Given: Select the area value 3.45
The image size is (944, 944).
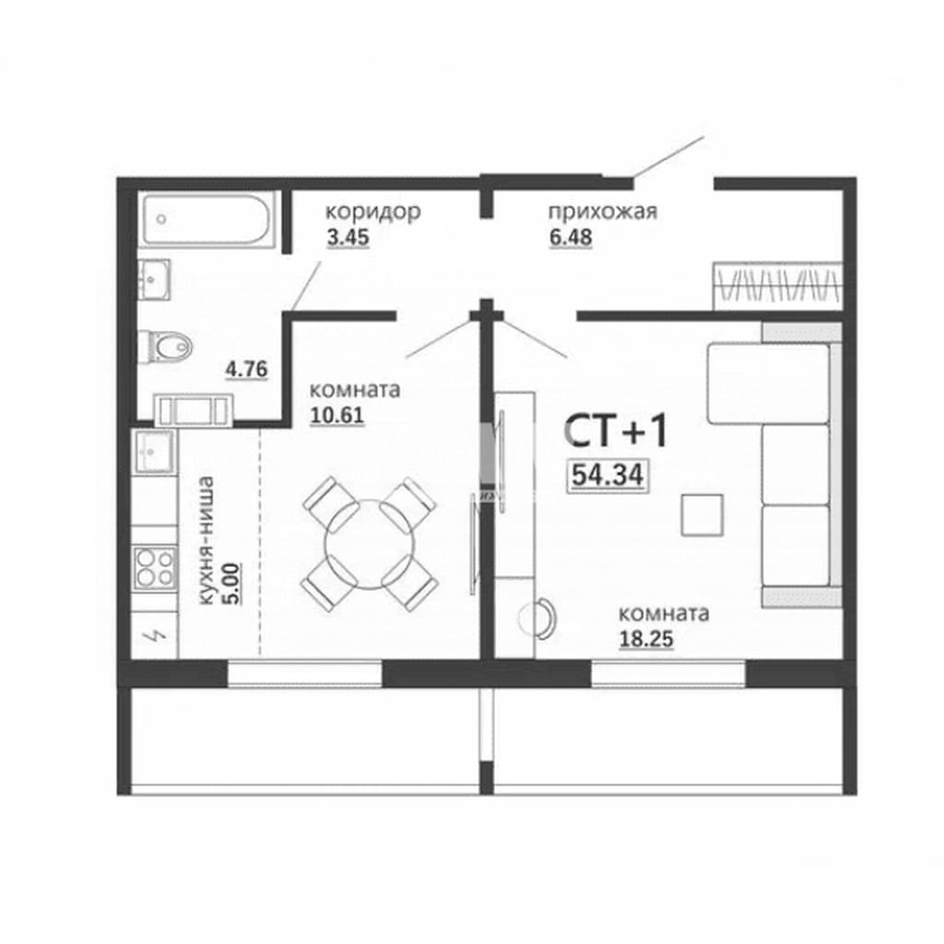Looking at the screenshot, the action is (x=348, y=237).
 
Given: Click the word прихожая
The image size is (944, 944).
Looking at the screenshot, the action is (x=602, y=212).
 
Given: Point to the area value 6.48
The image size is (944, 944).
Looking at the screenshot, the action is (x=570, y=237).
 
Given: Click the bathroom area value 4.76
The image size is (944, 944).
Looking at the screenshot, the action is (x=246, y=369).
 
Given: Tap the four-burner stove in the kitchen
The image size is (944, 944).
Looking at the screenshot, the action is (x=155, y=567).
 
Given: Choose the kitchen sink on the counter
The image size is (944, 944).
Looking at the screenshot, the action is (x=155, y=451).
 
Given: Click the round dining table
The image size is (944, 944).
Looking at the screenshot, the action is (x=370, y=544).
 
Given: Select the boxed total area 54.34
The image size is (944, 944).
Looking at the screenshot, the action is (x=608, y=475).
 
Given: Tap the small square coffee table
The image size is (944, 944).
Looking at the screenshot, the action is (x=702, y=514).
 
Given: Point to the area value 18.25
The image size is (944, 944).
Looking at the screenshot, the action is (x=646, y=639).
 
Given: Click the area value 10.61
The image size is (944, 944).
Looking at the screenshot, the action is (x=336, y=416).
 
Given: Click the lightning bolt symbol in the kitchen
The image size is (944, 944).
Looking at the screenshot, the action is (x=155, y=635).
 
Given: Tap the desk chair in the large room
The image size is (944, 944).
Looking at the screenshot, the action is (x=537, y=619).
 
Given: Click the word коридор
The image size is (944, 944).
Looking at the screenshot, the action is (x=373, y=212).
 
